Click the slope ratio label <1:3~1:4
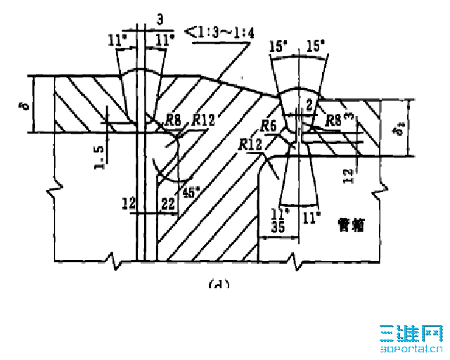pyautogui.click(x=217, y=32)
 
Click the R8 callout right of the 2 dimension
pyautogui.click(x=332, y=120)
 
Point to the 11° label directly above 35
pyautogui.click(x=279, y=212)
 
